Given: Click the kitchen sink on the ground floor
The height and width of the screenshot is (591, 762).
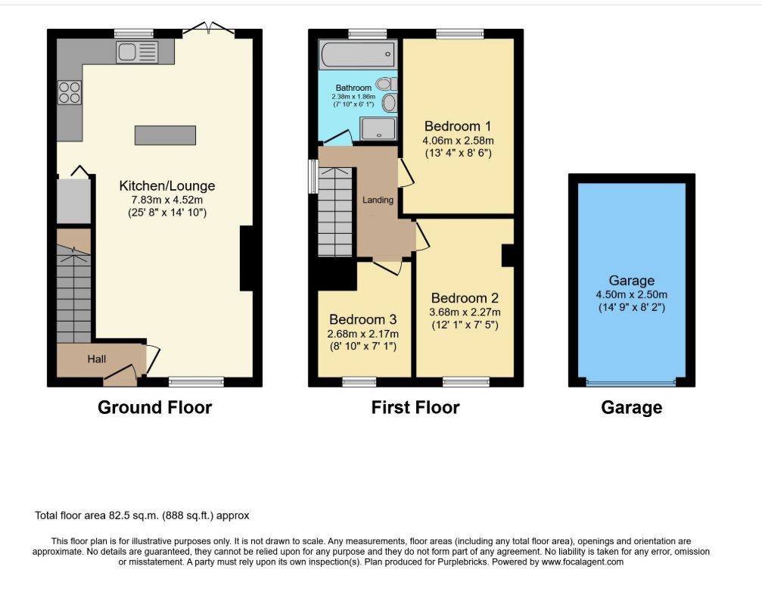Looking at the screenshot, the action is (x=137, y=52).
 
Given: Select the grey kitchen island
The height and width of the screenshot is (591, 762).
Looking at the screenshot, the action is (x=165, y=135).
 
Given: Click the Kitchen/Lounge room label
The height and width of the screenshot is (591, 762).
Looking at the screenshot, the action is (x=167, y=185).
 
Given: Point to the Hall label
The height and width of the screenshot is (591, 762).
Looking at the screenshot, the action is (x=97, y=359).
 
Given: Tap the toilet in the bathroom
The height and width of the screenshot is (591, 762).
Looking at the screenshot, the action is (x=387, y=84).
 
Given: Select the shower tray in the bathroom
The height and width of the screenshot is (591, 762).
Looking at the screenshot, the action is (x=378, y=129).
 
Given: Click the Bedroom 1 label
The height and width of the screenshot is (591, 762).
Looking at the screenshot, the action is (x=458, y=126).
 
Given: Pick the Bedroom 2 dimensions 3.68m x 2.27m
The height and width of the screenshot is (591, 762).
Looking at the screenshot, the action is (x=465, y=312).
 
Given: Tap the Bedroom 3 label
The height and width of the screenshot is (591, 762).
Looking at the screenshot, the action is (x=363, y=319).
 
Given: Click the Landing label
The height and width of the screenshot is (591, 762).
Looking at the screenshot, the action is (x=378, y=200).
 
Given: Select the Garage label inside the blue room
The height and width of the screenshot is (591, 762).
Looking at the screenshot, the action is (x=631, y=281).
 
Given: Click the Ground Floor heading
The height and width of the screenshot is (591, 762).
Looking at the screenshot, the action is (x=155, y=407).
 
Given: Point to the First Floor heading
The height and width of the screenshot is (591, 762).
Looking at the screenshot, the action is (x=415, y=407).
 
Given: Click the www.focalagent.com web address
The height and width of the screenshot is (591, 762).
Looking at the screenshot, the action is (x=582, y=561).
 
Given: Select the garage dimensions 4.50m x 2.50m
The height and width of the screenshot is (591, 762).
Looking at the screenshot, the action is (x=632, y=294).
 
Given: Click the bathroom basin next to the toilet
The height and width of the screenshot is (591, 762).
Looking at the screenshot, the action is (x=389, y=103).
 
